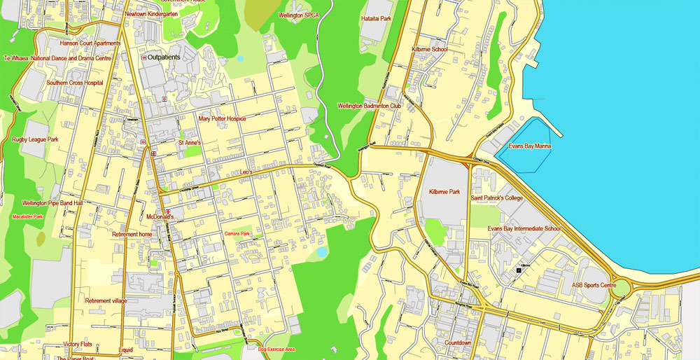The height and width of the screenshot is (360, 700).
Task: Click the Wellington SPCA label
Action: click(298, 15)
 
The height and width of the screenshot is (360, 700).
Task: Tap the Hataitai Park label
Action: click(376, 19)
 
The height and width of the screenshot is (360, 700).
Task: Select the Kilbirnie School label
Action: click(430, 50)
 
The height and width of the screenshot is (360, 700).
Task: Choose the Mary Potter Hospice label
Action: click(222, 119)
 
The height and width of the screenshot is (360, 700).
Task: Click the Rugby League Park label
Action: click(35, 140)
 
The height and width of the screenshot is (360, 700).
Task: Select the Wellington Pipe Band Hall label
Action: click(52, 203)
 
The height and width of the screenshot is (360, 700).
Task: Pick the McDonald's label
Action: click(160, 218)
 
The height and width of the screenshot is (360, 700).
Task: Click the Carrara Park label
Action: click(237, 233)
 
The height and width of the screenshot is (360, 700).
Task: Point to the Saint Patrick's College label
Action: click(496, 198)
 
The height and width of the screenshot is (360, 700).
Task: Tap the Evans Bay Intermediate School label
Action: click(524, 229)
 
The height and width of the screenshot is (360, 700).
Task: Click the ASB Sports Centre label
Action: click(594, 285)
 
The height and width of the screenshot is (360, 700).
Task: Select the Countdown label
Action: click(458, 343)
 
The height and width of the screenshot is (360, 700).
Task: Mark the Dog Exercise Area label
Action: click(276, 349)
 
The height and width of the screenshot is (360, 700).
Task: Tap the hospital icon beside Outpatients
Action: click(143, 58)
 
